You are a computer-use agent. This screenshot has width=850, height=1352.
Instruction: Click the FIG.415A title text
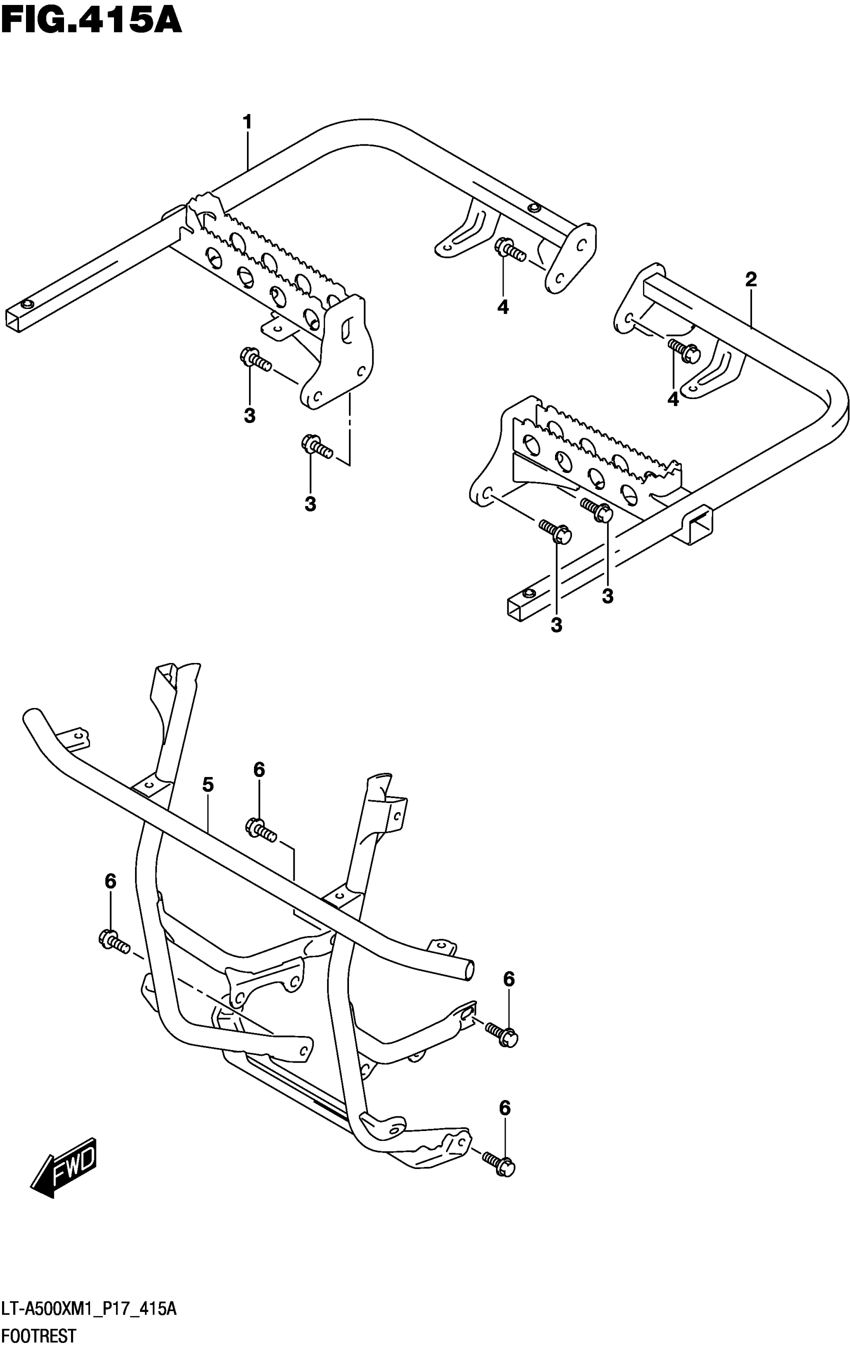91,22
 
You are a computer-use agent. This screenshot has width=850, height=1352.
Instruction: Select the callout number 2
750,279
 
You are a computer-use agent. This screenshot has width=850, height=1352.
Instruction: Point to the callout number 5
207,784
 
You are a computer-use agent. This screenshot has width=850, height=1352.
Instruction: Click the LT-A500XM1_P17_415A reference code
88,1310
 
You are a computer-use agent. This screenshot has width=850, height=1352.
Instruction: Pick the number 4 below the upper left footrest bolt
503,306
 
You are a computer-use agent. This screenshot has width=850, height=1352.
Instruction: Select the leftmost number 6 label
110,881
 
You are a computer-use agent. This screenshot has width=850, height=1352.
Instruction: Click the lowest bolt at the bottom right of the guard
499,1163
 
